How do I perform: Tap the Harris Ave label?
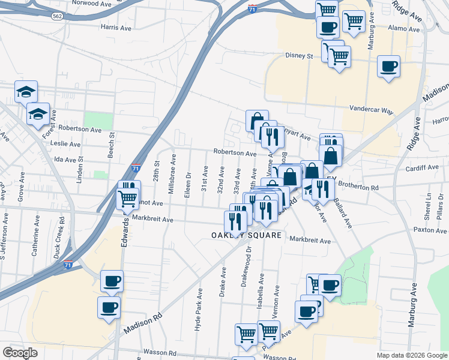(116, 28)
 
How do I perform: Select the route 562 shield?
(58, 16)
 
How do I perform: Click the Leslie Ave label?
(67, 144)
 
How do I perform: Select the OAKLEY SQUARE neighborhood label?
(247, 236)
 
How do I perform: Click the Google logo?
(20, 352)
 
